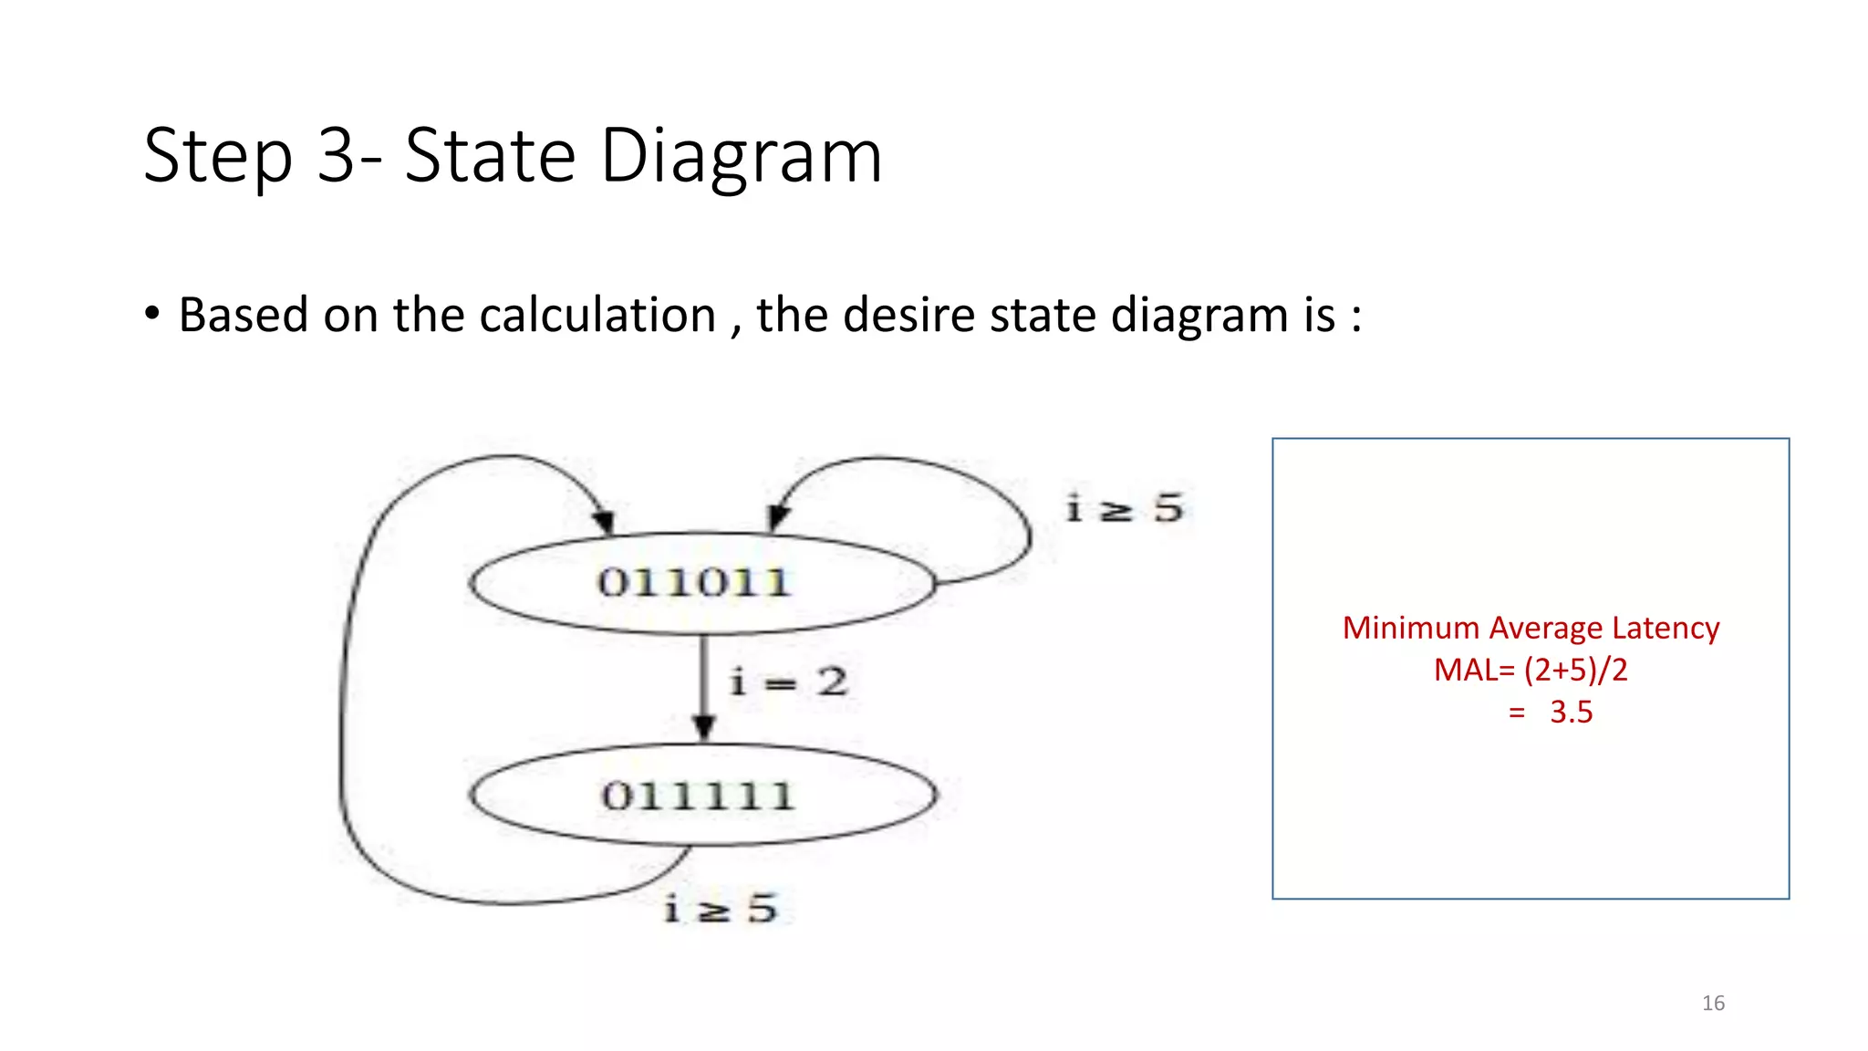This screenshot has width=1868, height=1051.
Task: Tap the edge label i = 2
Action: tap(789, 682)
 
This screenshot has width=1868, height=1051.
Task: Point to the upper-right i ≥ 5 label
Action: tap(1126, 508)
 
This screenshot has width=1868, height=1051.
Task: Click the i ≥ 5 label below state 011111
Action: tap(721, 909)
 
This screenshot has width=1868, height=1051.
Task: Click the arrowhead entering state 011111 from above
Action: tap(703, 727)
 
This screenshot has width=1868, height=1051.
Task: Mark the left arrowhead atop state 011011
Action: tap(603, 522)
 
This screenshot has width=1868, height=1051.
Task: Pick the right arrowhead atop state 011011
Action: tap(777, 518)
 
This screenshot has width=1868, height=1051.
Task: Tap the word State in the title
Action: tap(490, 156)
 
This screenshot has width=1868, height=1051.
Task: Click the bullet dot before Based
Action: tap(152, 314)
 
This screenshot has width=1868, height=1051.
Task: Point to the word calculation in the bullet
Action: tap(597, 316)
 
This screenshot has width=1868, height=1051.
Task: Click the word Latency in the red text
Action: tap(1666, 628)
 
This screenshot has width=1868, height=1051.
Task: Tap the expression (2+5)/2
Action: tap(1575, 671)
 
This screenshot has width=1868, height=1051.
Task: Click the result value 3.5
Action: tap(1571, 713)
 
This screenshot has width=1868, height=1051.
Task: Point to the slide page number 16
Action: tap(1713, 1004)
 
